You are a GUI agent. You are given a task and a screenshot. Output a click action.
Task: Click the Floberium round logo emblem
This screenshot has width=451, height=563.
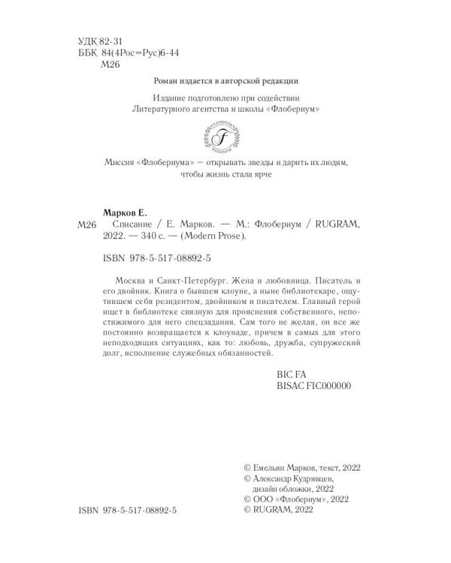coord(225,137)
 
